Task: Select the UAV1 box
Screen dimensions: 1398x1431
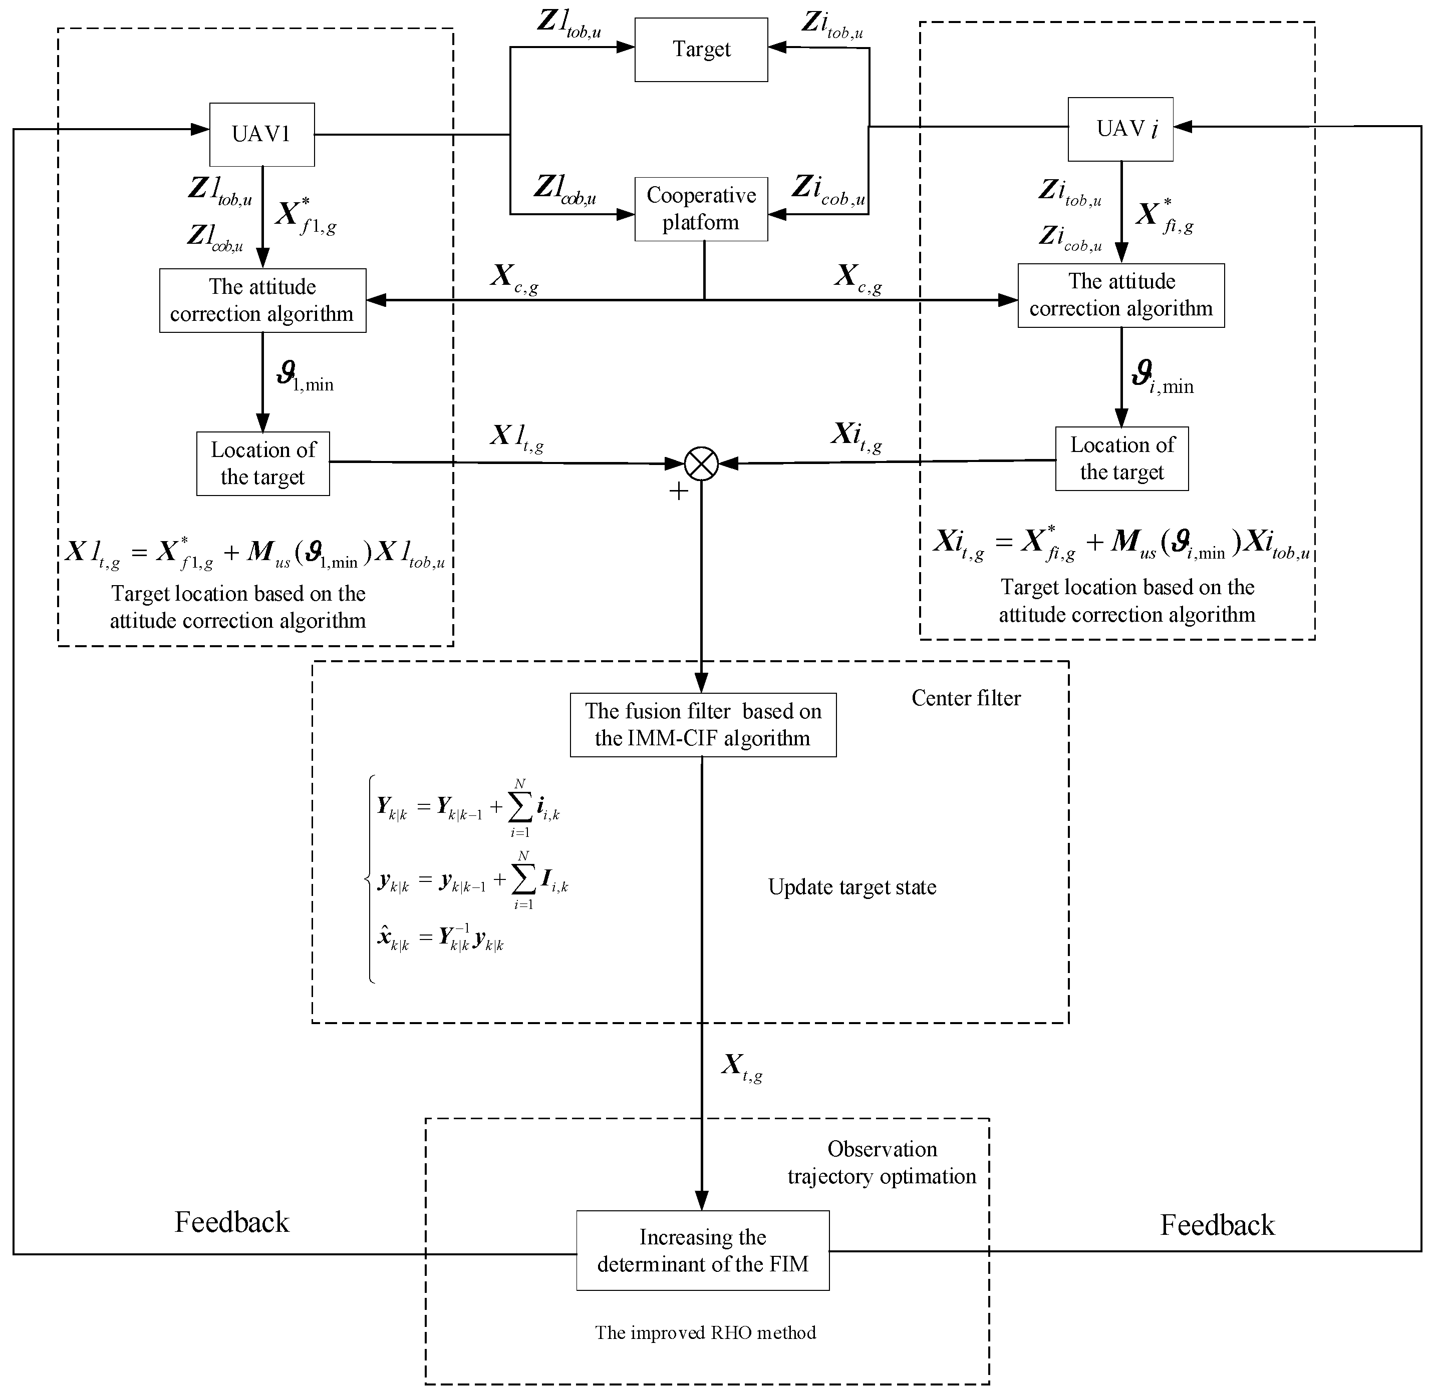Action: (261, 134)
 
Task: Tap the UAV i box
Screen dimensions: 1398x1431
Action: (1119, 129)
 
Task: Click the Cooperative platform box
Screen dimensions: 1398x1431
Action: (701, 209)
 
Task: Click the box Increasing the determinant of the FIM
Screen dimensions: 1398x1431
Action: (702, 1250)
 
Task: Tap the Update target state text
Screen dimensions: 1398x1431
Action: (851, 887)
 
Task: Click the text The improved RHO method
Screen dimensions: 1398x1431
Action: (705, 1332)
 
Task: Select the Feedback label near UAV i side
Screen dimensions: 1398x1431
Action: (1217, 1225)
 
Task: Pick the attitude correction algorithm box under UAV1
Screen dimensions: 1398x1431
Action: (262, 300)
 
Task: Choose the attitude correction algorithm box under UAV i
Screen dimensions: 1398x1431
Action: (1120, 295)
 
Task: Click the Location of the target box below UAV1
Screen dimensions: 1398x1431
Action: (262, 463)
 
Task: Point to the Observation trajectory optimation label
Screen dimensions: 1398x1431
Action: (882, 1162)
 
